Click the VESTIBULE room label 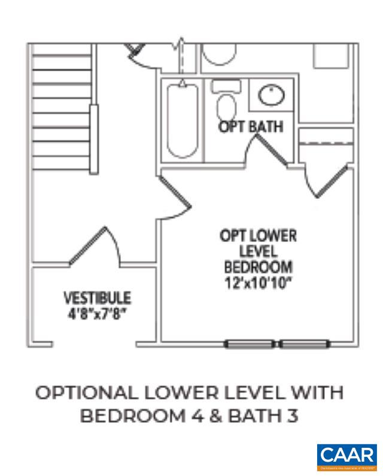(98, 297)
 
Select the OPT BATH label (250, 127)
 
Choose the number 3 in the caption (291, 416)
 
